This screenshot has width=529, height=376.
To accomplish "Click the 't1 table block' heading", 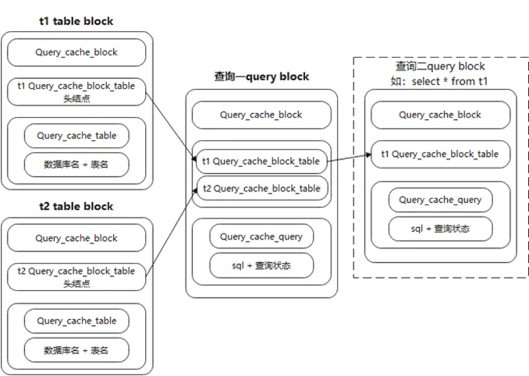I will (x=76, y=21).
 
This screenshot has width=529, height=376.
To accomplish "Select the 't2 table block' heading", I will (x=76, y=206).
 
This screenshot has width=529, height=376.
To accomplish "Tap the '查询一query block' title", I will (x=261, y=76).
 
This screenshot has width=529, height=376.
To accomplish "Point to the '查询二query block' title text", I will (x=440, y=67).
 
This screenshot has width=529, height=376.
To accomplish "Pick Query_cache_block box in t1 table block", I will (x=76, y=53).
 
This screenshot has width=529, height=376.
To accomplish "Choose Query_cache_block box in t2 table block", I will (x=76, y=238).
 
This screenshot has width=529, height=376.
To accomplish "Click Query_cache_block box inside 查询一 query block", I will (x=261, y=115).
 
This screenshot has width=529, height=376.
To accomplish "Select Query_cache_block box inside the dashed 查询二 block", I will (x=440, y=115).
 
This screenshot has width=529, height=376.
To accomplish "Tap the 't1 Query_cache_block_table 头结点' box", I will (x=76, y=91).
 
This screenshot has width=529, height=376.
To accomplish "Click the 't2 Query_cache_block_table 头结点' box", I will (x=76, y=277).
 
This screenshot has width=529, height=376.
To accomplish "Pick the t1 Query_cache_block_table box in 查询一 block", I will (x=261, y=161).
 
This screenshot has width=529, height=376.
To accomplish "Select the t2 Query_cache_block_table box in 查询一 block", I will (x=261, y=188).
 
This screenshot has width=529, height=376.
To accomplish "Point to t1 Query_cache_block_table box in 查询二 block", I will (x=440, y=154).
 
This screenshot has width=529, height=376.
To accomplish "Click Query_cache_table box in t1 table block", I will (x=76, y=136).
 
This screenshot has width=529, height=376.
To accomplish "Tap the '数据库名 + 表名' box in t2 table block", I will (x=76, y=350).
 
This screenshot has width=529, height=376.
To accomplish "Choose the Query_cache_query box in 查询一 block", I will (x=261, y=237).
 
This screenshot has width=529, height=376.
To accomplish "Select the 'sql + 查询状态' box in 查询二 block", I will (x=440, y=229).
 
